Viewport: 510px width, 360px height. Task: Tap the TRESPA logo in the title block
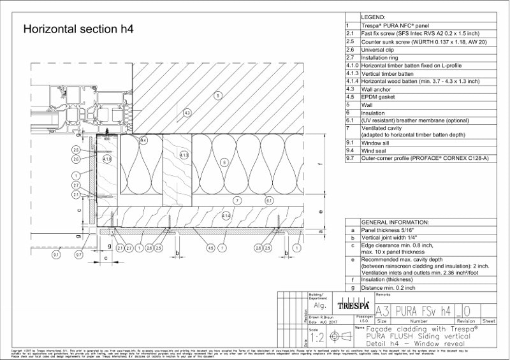click(356, 306)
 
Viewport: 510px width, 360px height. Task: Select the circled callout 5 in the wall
click(217, 96)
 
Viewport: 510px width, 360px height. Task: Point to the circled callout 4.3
click(187, 113)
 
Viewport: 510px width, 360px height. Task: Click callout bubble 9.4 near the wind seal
click(143, 140)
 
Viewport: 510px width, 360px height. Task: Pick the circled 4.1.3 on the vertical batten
click(184, 155)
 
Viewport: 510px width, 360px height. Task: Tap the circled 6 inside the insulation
click(224, 162)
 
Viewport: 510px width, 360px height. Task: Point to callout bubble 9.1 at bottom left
click(56, 255)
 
